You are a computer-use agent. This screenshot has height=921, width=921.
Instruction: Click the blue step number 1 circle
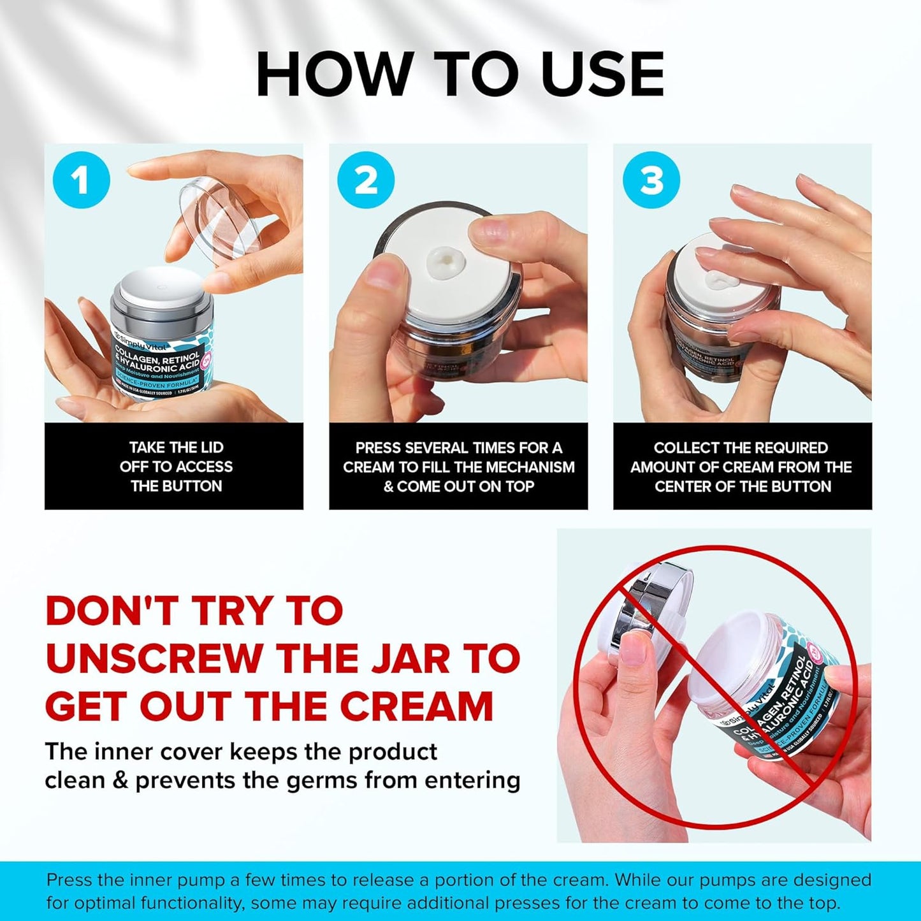(81, 181)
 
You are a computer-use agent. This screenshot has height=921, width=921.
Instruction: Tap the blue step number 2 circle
(366, 181)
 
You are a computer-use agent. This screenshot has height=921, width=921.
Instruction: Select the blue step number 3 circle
(651, 181)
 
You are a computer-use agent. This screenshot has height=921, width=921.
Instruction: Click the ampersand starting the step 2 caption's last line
(388, 487)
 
